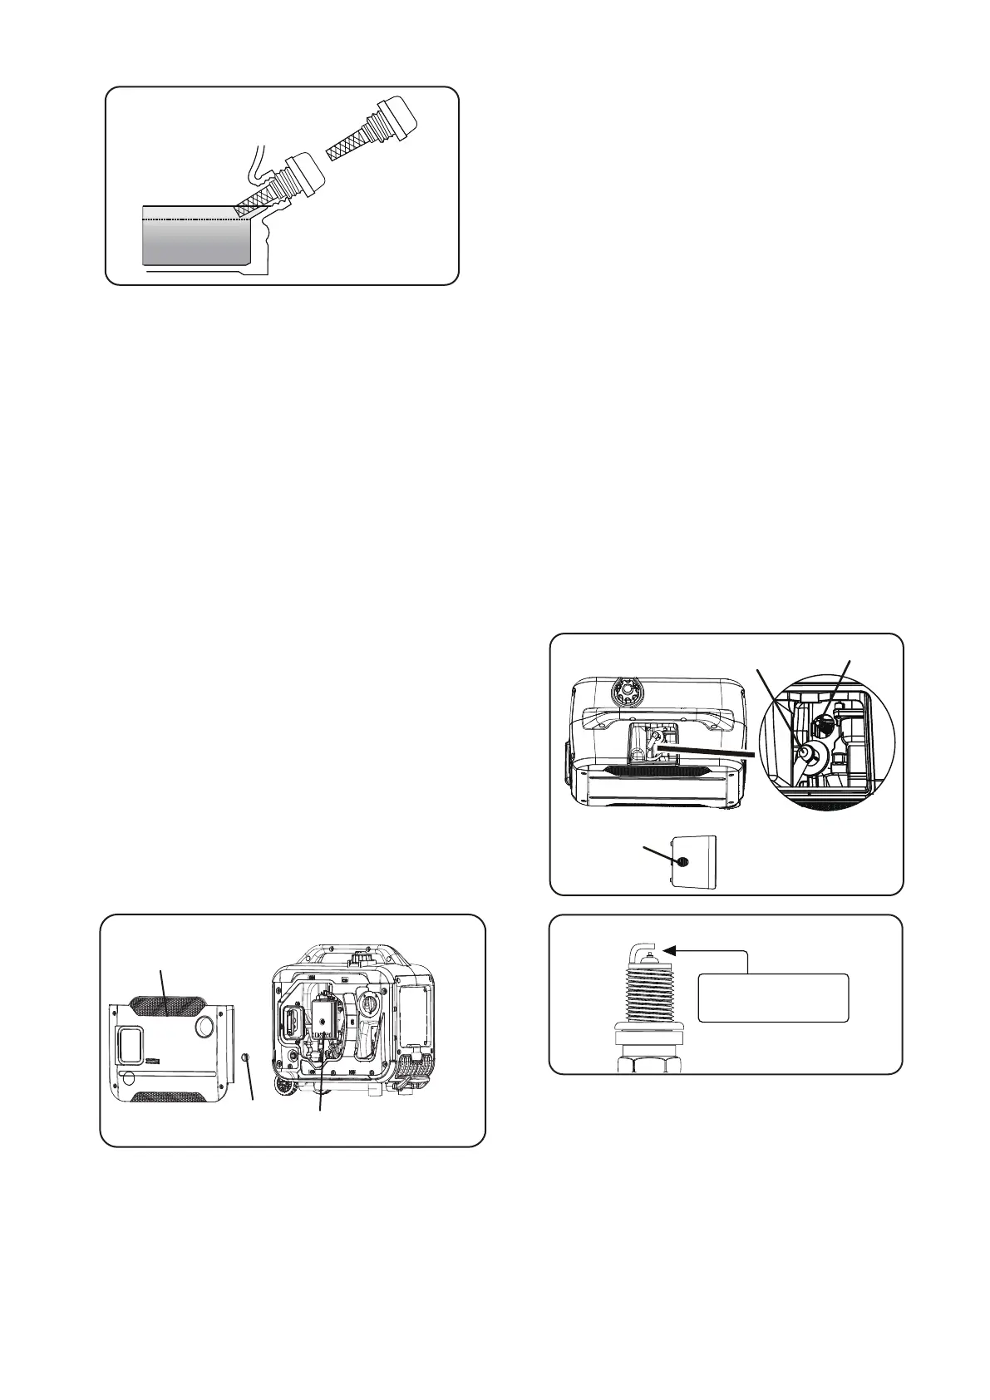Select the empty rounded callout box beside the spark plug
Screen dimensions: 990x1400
pyautogui.click(x=773, y=997)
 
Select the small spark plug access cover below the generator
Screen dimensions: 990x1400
pyautogui.click(x=694, y=862)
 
